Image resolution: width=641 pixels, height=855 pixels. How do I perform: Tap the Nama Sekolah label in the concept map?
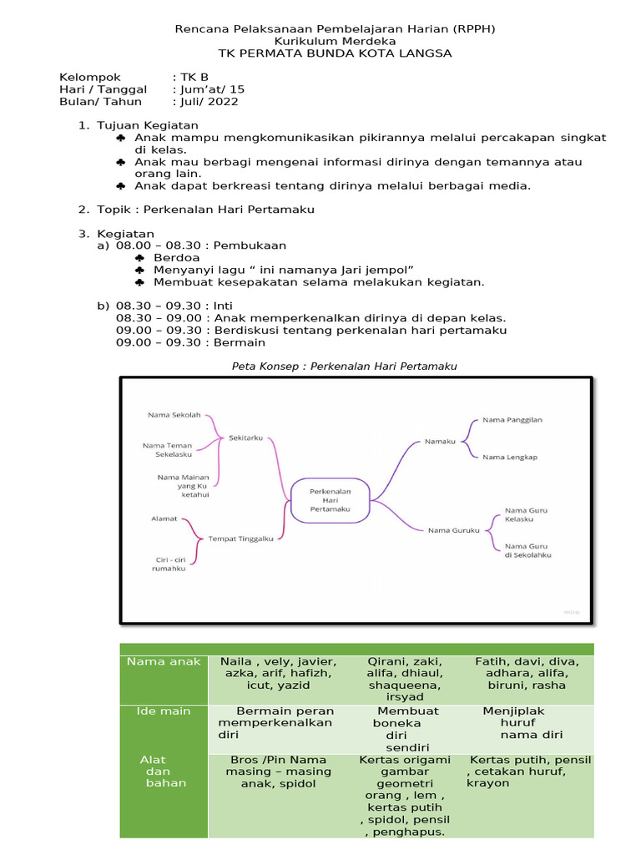click(x=174, y=414)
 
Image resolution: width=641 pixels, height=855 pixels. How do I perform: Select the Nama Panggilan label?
click(x=512, y=420)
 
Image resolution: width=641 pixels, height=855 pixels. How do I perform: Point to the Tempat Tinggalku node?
click(x=240, y=539)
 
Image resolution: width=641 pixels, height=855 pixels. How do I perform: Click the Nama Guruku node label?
click(x=453, y=529)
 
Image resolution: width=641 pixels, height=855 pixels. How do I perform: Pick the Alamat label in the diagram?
click(x=164, y=519)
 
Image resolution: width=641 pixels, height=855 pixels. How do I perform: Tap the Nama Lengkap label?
click(x=509, y=457)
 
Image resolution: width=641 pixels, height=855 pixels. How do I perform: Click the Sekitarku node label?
click(x=246, y=437)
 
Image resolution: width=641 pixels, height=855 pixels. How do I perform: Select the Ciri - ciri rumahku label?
click(x=169, y=564)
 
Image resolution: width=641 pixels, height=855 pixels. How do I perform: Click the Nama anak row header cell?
click(x=164, y=662)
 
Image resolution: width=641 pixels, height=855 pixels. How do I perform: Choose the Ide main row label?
click(x=164, y=711)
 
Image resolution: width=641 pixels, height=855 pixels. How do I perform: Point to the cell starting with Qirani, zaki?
click(x=405, y=679)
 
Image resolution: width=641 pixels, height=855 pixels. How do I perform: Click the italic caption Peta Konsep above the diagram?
click(x=343, y=366)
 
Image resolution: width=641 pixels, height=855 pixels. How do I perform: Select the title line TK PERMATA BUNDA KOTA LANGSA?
click(x=335, y=53)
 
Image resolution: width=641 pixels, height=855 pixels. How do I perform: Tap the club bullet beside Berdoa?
click(x=139, y=259)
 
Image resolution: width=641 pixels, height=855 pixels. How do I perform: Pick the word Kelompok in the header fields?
click(x=90, y=77)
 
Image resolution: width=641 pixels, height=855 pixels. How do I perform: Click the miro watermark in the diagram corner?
click(x=571, y=611)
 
